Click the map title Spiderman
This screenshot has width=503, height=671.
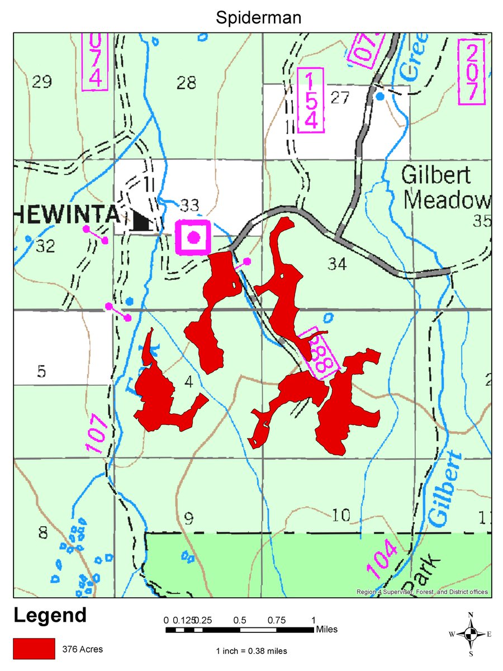(x=258, y=18)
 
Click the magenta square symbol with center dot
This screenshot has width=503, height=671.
(x=193, y=238)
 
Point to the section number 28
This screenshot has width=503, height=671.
(x=186, y=83)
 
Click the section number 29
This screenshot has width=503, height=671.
(x=42, y=83)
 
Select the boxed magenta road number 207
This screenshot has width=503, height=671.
(x=472, y=72)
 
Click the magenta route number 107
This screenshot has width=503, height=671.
(x=95, y=433)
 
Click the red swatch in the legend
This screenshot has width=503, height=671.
(x=34, y=649)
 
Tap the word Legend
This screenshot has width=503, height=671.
(x=50, y=616)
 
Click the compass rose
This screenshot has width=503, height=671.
(x=471, y=634)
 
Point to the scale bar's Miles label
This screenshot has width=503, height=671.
(x=326, y=630)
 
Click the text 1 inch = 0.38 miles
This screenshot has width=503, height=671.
(x=251, y=651)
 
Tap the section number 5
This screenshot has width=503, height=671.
(x=41, y=372)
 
